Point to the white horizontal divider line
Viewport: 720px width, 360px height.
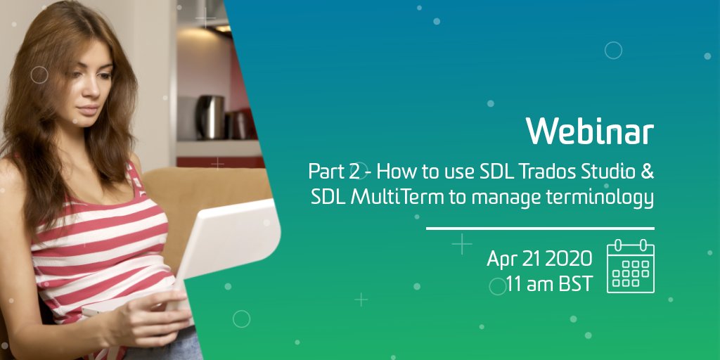coord(540,228)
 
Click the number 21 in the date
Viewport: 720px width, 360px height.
coord(531,259)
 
